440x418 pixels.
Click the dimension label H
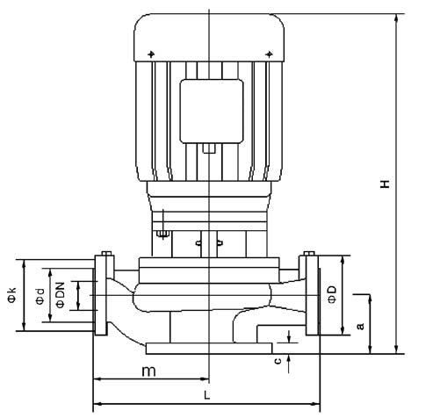(386, 184)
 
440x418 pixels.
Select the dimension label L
(207, 396)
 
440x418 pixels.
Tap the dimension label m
(148, 371)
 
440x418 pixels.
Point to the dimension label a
(361, 326)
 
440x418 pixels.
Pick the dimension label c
(278, 361)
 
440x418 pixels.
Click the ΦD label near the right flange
(332, 295)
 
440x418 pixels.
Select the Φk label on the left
(11, 295)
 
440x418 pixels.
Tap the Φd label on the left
(40, 297)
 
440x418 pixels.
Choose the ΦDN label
(60, 295)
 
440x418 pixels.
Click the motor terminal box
(212, 112)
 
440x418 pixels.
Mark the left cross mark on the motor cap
(151, 54)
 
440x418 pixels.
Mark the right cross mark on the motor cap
(269, 54)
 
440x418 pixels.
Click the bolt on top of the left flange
(106, 253)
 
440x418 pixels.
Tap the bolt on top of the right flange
(309, 253)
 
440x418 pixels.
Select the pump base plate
(209, 349)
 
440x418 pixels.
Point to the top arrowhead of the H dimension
(396, 18)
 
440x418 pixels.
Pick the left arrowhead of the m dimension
(97, 379)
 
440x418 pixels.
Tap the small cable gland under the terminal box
(209, 148)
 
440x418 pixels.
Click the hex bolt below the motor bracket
(163, 234)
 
